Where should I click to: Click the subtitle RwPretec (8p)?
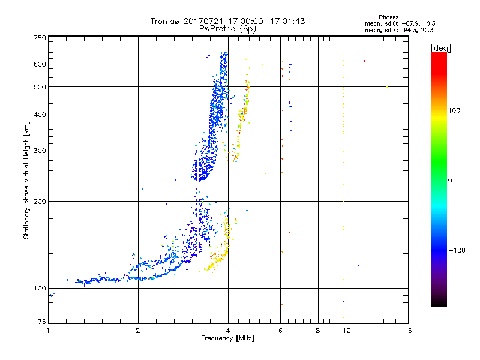(228, 28)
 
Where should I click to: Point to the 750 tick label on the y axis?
(40, 37)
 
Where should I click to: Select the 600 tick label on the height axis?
(40, 64)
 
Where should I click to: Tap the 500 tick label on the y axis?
(40, 86)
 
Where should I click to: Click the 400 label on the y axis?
(40, 115)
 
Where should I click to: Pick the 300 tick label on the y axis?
(40, 151)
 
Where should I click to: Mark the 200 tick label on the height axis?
(40, 201)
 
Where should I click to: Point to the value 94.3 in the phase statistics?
(413, 29)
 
